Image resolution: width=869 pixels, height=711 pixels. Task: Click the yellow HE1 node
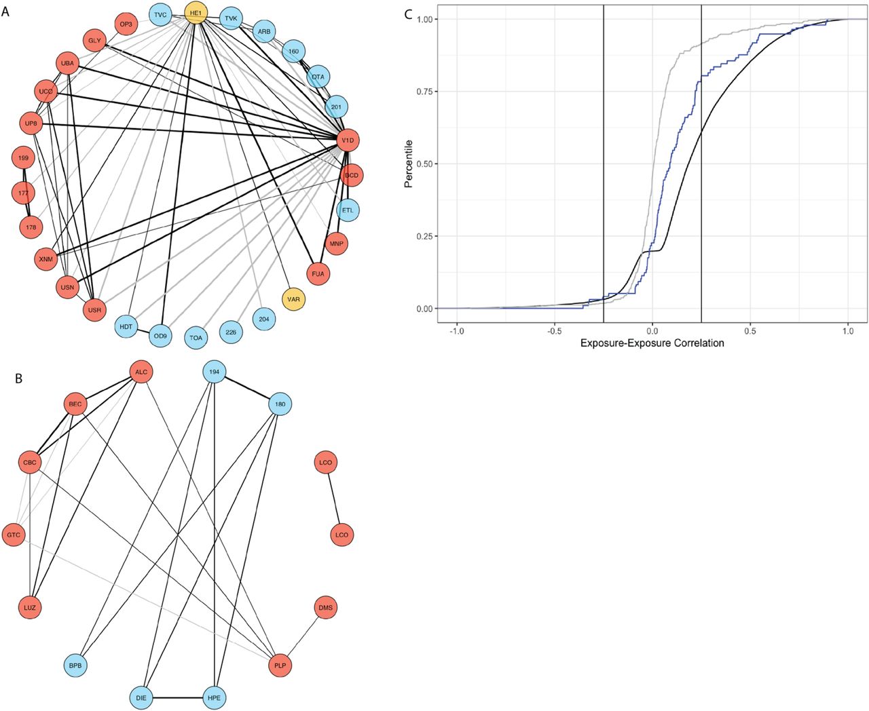[x=196, y=13]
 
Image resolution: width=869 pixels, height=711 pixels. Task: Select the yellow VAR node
[x=293, y=299]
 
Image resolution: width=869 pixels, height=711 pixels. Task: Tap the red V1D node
[x=348, y=140]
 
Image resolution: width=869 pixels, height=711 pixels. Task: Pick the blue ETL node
[x=348, y=210]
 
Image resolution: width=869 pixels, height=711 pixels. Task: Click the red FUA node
[x=318, y=274]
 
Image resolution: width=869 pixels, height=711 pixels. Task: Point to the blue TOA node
[x=196, y=337]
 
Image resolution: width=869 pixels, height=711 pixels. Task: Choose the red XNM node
[x=45, y=258]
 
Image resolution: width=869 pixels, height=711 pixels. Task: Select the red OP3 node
[x=126, y=24]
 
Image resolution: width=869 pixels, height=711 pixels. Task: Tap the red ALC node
[x=141, y=372]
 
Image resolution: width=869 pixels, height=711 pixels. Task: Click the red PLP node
[x=280, y=666]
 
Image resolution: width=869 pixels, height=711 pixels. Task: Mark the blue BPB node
[x=75, y=666]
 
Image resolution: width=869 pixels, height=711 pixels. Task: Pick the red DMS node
[x=325, y=608]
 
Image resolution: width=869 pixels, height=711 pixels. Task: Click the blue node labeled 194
[x=215, y=372]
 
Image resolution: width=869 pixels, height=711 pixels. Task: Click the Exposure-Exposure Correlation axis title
[x=652, y=343]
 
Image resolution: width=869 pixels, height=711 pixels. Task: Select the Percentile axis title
[x=409, y=164]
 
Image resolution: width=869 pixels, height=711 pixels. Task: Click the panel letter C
[x=408, y=14]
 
